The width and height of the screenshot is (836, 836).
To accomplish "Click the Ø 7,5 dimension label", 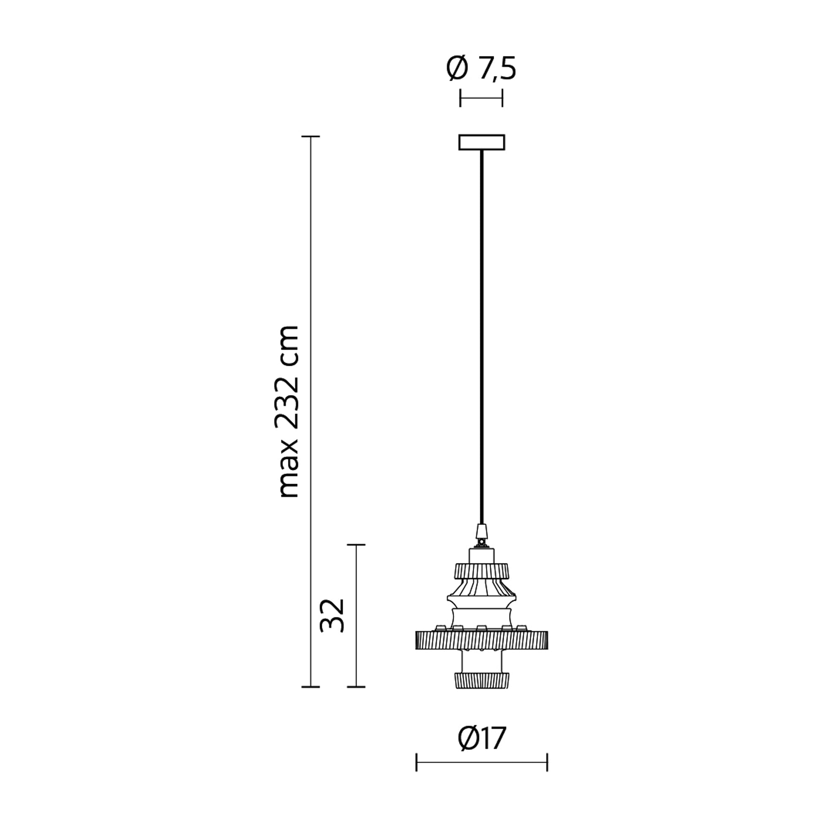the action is (481, 69).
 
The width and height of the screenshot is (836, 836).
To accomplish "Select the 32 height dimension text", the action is (332, 616).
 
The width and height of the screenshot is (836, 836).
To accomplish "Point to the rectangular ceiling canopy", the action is (482, 143).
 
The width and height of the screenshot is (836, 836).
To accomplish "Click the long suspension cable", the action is (482, 337).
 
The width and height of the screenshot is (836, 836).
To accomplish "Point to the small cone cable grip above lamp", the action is (482, 531).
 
